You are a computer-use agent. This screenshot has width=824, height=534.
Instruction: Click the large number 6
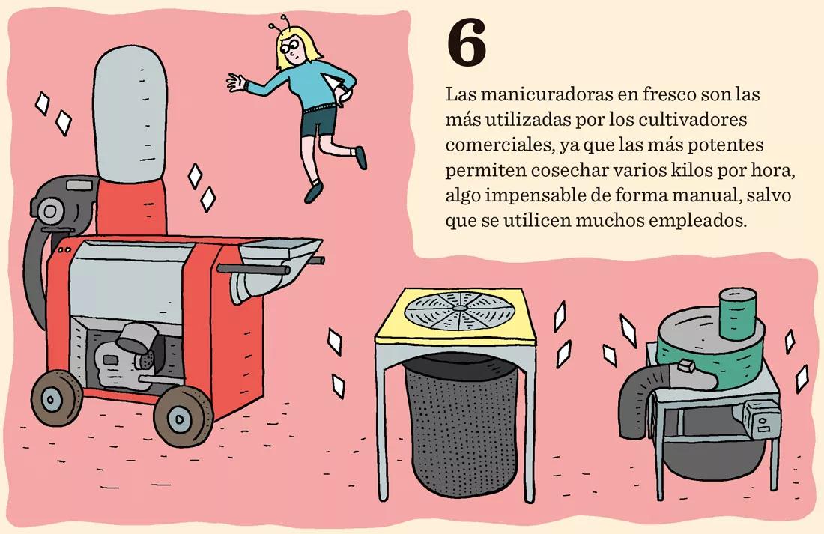tap(466, 45)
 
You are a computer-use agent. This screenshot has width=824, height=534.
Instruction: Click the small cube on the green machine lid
tap(682, 367)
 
